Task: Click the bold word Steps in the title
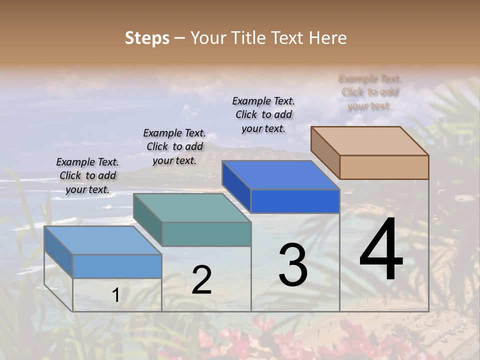tap(147, 38)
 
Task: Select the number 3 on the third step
tap(293, 265)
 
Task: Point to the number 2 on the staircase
tap(201, 280)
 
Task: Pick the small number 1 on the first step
tap(115, 295)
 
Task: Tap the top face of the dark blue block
tap(280, 175)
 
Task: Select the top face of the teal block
tap(192, 208)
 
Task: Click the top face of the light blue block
tap(102, 240)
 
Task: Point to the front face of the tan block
tap(384, 167)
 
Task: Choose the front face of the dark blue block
tap(295, 201)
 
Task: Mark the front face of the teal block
tap(206, 234)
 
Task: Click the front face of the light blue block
tap(117, 266)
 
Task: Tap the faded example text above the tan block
tap(370, 92)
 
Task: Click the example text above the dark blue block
tap(263, 114)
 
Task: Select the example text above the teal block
tap(174, 146)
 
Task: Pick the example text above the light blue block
tap(87, 175)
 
